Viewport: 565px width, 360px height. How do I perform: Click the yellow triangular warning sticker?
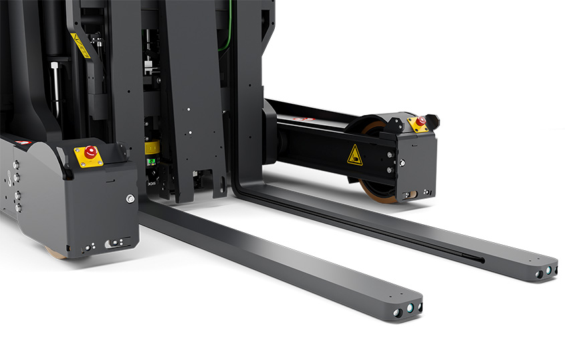[354, 155]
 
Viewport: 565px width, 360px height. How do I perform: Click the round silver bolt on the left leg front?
[130, 198]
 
